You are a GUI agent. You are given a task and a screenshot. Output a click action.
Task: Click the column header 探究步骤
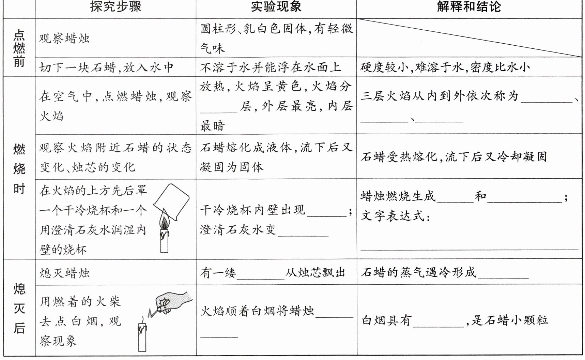116,7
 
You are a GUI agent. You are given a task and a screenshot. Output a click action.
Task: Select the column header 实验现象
276,7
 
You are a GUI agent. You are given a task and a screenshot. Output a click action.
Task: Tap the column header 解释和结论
469,7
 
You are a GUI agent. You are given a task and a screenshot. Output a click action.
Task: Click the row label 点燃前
19,48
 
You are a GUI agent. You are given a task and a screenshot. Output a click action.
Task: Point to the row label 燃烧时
19,169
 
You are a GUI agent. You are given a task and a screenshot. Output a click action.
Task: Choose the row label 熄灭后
19,309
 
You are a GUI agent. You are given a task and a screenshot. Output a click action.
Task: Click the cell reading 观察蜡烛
64,38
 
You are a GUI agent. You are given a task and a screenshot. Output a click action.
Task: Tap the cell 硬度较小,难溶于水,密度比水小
445,67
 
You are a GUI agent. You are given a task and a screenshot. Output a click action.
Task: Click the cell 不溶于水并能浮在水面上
271,67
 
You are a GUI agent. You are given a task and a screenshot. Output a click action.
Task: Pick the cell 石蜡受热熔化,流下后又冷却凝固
454,157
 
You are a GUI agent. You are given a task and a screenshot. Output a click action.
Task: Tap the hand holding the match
172,302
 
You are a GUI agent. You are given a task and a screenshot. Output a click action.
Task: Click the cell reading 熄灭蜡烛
64,273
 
